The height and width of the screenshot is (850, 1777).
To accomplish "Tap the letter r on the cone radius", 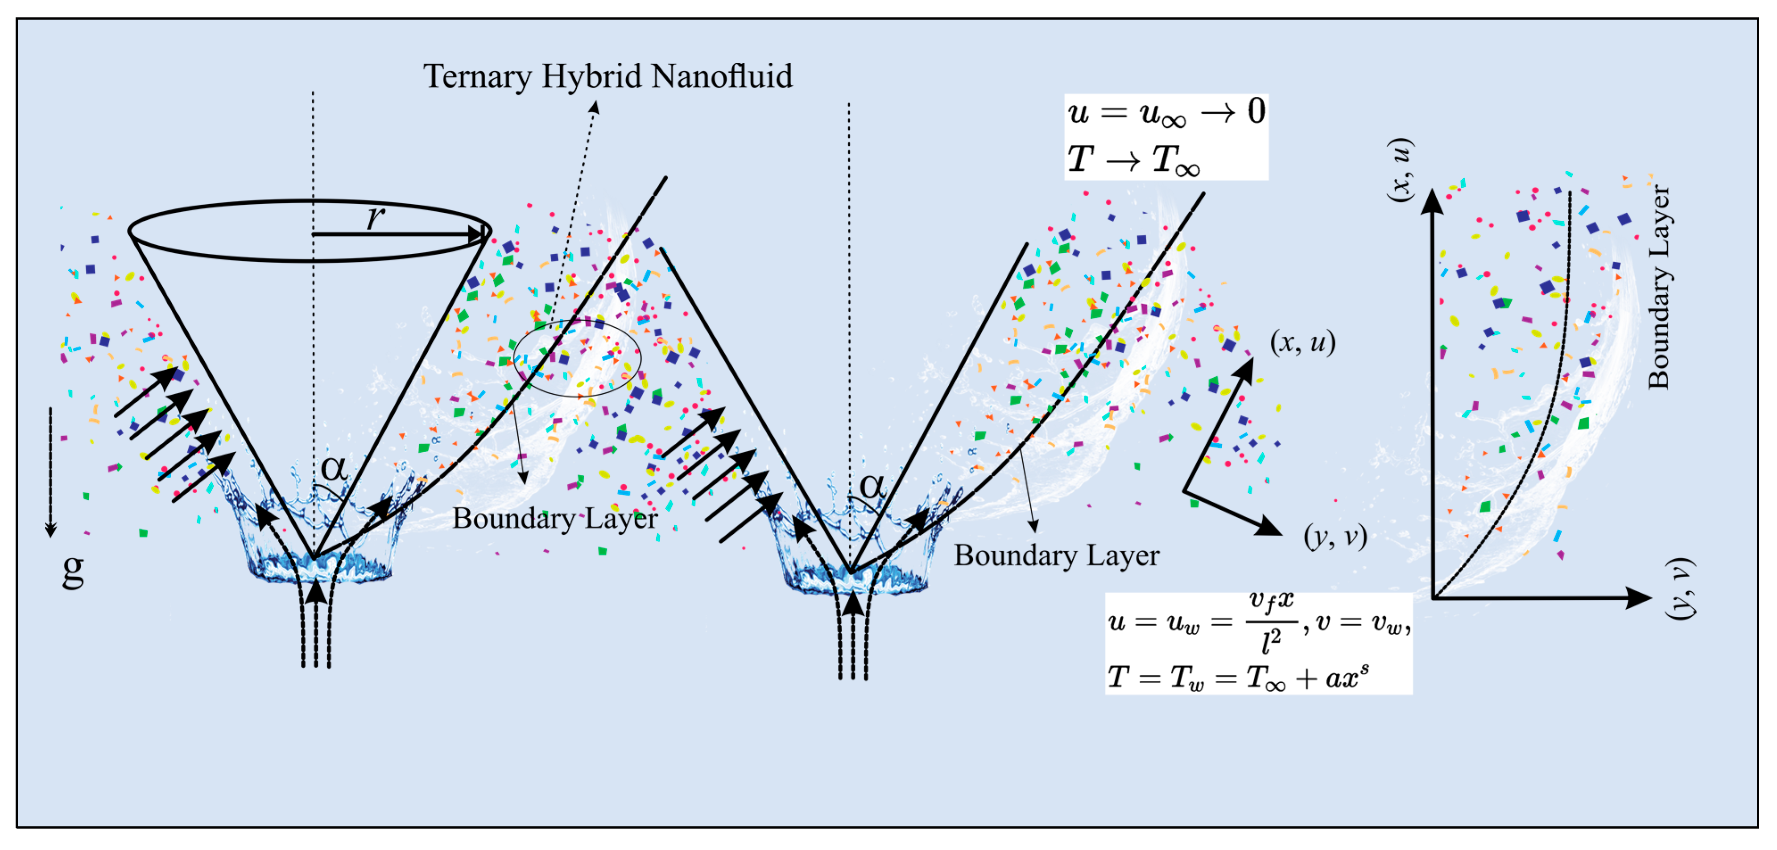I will pos(375,217).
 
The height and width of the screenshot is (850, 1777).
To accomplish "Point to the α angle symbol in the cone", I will pos(334,469).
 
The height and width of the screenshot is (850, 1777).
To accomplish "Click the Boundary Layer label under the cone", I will pos(554,519).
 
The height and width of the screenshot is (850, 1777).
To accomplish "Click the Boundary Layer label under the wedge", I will pos(1056,555).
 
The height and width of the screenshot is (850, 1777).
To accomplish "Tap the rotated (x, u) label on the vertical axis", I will pos(1401,170).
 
